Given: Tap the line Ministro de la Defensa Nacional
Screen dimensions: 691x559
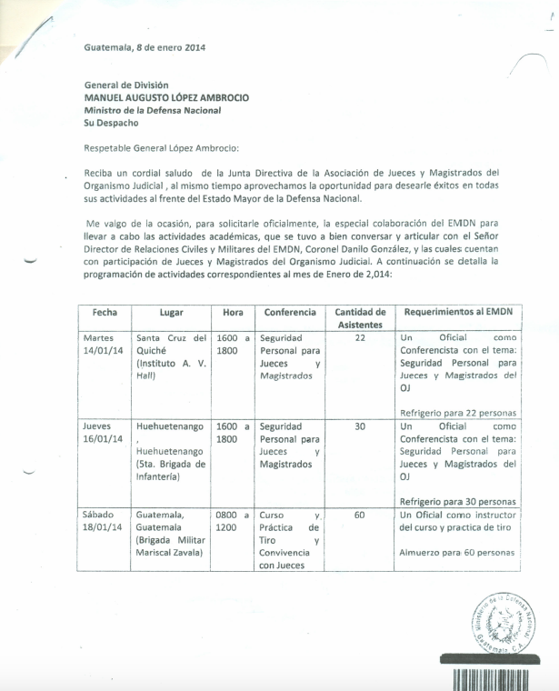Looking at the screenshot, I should click(152, 110).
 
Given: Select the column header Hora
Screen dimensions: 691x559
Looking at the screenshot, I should click(233, 312).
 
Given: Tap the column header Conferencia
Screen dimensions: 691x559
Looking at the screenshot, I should click(290, 312).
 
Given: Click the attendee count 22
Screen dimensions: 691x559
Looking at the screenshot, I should click(359, 337).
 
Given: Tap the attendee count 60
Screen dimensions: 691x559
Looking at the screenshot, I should click(359, 515).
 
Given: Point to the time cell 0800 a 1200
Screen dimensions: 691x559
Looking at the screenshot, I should click(233, 520).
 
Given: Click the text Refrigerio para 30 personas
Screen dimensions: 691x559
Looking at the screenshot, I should click(457, 501).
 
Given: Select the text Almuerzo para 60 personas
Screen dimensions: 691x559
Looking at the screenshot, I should click(457, 553).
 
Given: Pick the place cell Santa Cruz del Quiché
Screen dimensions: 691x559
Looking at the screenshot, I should click(172, 343).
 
